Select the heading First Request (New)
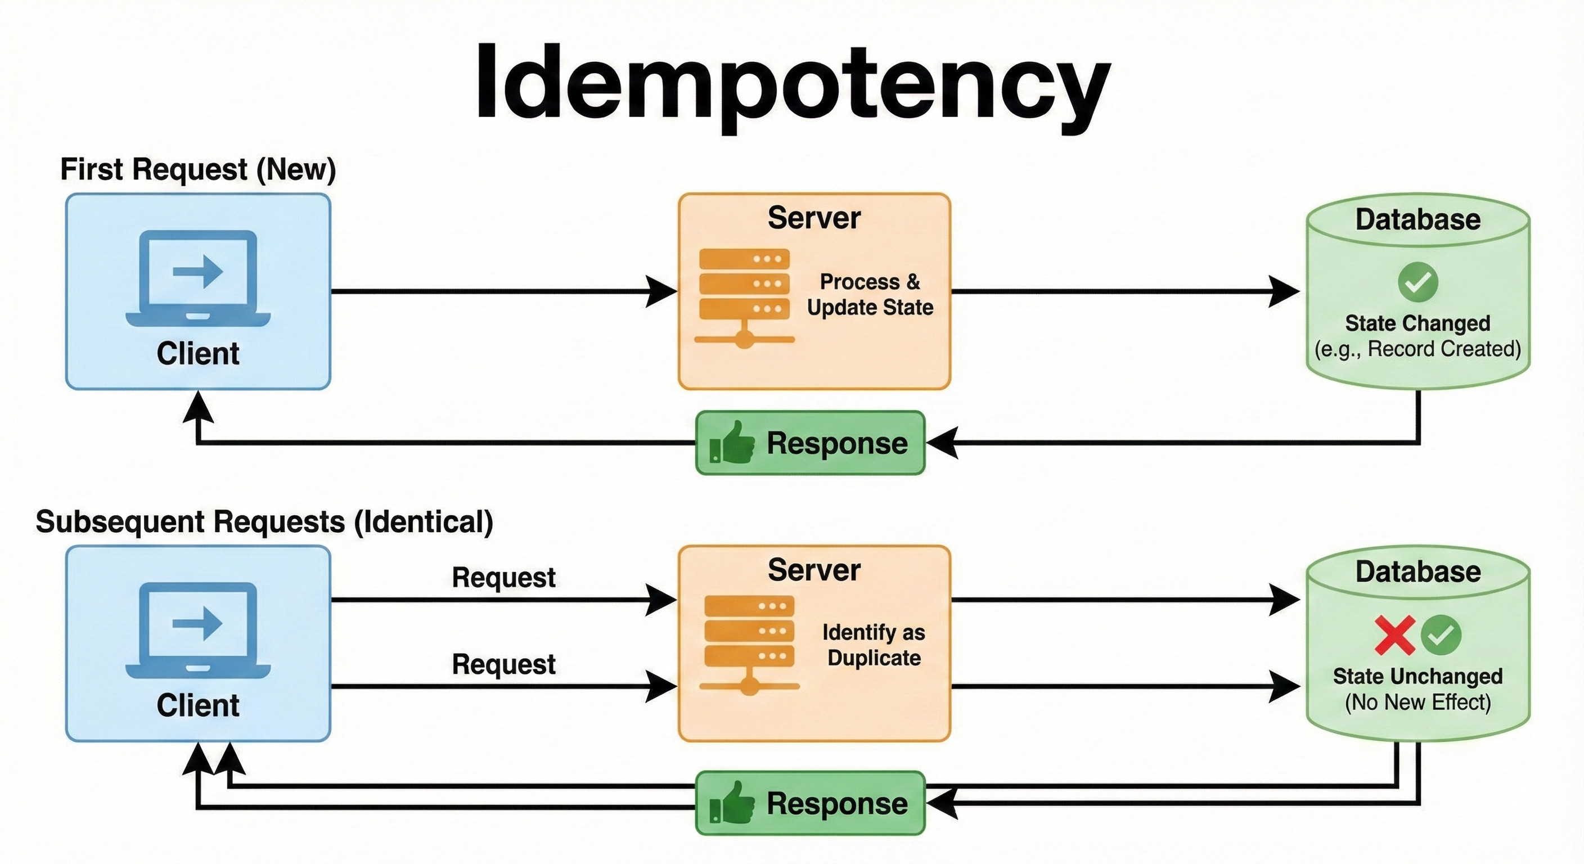(198, 169)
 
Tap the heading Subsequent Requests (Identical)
(264, 521)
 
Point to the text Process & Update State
(870, 294)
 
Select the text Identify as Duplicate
(873, 645)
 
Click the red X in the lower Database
(1394, 635)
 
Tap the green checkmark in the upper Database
(1417, 282)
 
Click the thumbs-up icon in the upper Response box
(732, 442)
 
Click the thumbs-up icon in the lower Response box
(732, 803)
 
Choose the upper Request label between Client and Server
(503, 578)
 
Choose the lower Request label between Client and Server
(503, 664)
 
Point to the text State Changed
(1417, 323)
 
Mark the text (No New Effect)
(1417, 701)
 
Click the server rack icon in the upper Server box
(745, 296)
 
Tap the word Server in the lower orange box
(813, 570)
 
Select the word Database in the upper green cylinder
(1417, 219)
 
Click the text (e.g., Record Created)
(1417, 349)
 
